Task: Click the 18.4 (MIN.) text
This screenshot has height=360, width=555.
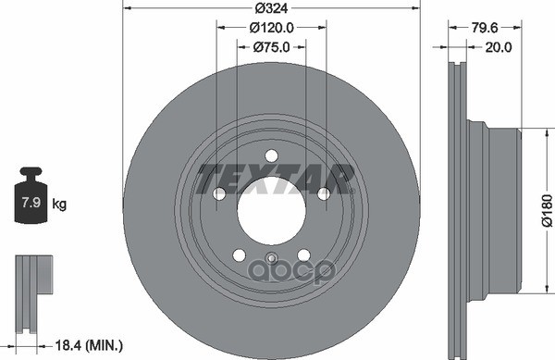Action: click(x=86, y=344)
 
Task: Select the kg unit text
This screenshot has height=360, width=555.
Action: click(x=60, y=202)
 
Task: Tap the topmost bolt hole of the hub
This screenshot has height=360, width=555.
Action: click(x=271, y=156)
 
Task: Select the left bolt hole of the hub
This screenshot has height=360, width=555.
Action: click(x=219, y=194)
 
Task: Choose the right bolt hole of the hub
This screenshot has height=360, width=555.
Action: click(x=324, y=194)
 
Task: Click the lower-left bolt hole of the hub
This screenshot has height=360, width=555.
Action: click(x=239, y=255)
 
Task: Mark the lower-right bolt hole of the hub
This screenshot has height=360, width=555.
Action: click(x=303, y=255)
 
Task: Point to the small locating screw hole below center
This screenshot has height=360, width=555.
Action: click(x=271, y=259)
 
